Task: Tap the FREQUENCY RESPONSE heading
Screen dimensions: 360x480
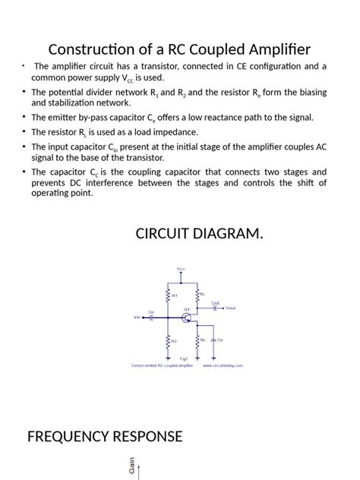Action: pyautogui.click(x=105, y=436)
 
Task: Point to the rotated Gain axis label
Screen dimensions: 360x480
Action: pyautogui.click(x=131, y=466)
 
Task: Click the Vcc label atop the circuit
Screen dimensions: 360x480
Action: pyautogui.click(x=181, y=268)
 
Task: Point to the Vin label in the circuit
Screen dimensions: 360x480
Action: pyautogui.click(x=137, y=318)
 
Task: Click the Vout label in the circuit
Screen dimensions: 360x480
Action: pyautogui.click(x=231, y=307)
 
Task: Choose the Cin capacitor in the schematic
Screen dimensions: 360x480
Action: pyautogui.click(x=151, y=317)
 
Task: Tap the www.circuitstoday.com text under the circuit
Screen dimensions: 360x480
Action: pyautogui.click(x=223, y=365)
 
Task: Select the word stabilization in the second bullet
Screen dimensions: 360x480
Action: pyautogui.click(x=62, y=102)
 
